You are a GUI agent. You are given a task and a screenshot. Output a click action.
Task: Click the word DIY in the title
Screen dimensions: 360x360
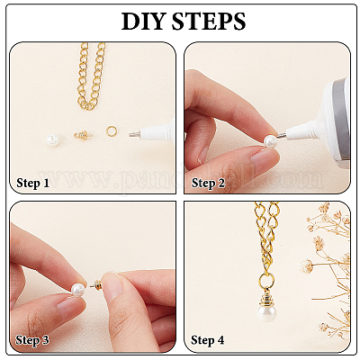pos(144,21)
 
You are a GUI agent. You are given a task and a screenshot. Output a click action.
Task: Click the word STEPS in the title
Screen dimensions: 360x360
pos(209,21)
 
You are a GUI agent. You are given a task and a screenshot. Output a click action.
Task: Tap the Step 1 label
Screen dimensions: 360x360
pos(32,183)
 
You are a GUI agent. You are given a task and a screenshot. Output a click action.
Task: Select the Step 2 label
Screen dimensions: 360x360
pos(208,183)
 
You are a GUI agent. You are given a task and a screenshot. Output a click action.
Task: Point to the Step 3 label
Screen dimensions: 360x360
pos(32,340)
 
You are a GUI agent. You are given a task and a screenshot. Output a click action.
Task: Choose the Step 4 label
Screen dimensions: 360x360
pos(208,340)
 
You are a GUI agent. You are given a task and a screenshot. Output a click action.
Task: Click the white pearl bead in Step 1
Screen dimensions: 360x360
pos(53,139)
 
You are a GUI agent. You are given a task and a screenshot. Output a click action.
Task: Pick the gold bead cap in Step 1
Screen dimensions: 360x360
pos(83,135)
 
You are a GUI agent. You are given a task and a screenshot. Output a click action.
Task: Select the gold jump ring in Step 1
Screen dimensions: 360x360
pos(112,131)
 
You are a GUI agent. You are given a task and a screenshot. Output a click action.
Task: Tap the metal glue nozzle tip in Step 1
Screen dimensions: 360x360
pos(134,133)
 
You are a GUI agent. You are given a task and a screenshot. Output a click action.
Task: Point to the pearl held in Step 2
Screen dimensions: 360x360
pos(270,140)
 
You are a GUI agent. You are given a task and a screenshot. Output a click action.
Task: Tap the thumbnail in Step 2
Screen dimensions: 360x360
pos(264,157)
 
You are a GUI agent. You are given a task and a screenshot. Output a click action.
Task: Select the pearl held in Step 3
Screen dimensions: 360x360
pos(77,290)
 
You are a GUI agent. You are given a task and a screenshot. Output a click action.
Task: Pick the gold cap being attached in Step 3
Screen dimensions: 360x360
pos(96,284)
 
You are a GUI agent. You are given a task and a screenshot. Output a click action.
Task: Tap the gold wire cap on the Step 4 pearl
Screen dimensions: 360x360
pos(266,294)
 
